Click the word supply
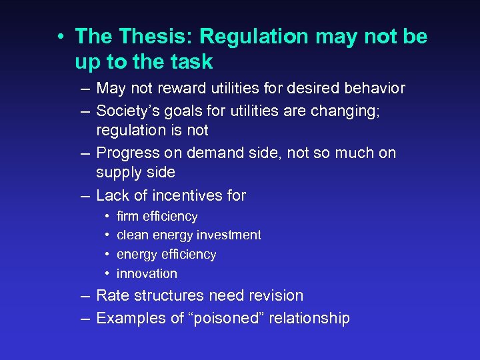[x=116, y=173]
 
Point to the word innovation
[x=147, y=273]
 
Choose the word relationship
[x=308, y=318]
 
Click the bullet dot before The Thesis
[x=60, y=37]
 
